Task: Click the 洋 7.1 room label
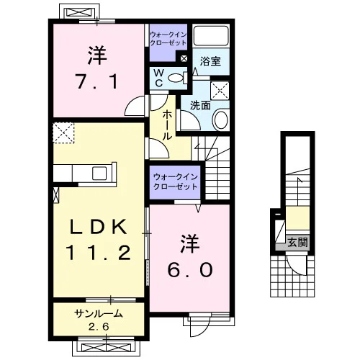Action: click(x=96, y=68)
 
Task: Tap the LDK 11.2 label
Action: click(x=99, y=240)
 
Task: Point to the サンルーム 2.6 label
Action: click(x=99, y=320)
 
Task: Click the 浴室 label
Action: click(x=210, y=61)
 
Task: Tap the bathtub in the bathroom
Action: click(x=211, y=35)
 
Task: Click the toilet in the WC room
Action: click(x=178, y=78)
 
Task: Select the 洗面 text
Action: click(x=200, y=105)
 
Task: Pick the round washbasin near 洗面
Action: click(x=220, y=120)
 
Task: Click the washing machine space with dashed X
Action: click(x=220, y=91)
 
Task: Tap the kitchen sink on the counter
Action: click(x=99, y=174)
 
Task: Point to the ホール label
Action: click(x=167, y=125)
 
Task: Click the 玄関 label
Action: click(x=297, y=243)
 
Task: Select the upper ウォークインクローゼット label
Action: click(x=168, y=39)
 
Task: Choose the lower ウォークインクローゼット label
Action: click(x=175, y=182)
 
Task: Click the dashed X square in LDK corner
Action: click(x=63, y=132)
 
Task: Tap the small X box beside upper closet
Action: click(x=184, y=58)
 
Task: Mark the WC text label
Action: click(x=159, y=78)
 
